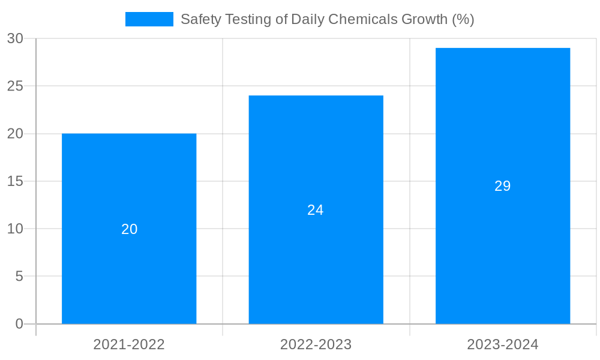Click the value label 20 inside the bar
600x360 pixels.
click(129, 229)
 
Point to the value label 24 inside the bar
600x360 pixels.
click(316, 210)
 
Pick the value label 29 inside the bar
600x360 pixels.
click(502, 186)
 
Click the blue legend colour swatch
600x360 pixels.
click(149, 19)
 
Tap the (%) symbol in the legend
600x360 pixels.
click(463, 19)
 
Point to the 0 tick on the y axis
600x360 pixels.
click(19, 324)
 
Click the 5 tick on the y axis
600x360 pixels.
click(19, 277)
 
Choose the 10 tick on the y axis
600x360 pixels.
click(15, 229)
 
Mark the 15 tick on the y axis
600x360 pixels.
click(15, 181)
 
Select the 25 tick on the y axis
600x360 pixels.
click(15, 86)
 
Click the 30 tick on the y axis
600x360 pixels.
click(15, 38)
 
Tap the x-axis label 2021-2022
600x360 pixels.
click(129, 344)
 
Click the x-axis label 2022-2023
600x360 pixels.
click(316, 344)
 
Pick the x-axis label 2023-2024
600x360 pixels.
click(502, 344)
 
